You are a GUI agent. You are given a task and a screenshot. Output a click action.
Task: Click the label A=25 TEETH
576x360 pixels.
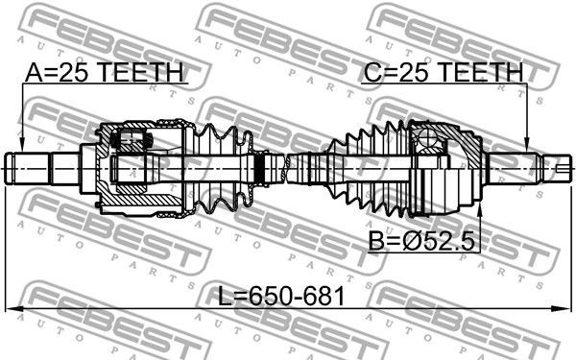point(104,72)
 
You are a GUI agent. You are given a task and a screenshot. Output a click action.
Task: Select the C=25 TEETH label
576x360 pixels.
point(443,72)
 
